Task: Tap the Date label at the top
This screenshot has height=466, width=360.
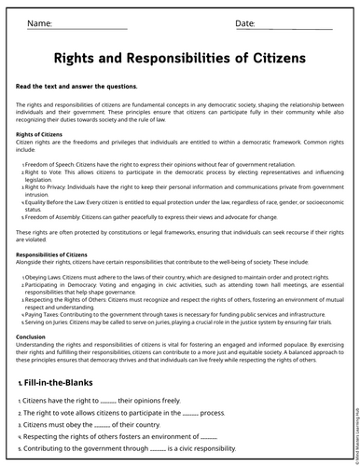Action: (x=245, y=21)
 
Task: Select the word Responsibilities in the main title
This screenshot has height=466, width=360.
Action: (x=187, y=58)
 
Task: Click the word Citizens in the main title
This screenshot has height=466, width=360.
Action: (x=278, y=58)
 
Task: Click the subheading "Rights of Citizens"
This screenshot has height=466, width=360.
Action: (x=39, y=134)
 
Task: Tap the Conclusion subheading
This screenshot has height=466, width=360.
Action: (x=31, y=336)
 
